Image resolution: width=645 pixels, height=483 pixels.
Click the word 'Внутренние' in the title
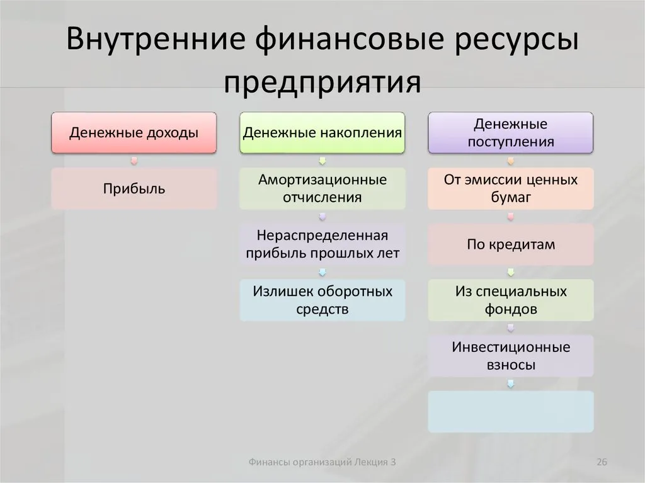click(156, 38)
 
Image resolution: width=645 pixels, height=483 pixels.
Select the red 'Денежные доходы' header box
click(134, 132)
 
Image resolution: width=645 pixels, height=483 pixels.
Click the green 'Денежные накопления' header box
click(322, 132)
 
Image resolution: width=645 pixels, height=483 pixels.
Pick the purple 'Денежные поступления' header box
click(510, 132)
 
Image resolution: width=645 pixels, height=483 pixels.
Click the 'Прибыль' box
click(134, 188)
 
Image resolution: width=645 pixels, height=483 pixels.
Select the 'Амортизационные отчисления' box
click(322, 188)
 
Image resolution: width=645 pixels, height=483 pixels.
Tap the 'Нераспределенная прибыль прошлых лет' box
click(322, 244)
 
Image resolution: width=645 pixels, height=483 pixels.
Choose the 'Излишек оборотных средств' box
click(322, 300)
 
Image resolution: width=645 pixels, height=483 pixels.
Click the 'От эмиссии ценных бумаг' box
click(510, 188)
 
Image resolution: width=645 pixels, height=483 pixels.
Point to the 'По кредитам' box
click(510, 244)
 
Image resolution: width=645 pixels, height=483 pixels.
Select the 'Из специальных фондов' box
click(510, 300)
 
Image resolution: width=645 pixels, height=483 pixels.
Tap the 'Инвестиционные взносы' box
click(510, 356)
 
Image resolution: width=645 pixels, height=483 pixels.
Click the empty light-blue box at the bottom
click(510, 411)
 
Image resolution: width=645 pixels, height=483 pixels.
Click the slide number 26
click(602, 462)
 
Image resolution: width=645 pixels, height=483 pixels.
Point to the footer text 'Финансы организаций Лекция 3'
click(322, 462)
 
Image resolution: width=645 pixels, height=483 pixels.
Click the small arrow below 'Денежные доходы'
click(134, 161)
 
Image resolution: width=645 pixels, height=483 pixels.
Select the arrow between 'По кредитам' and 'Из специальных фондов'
click(511, 272)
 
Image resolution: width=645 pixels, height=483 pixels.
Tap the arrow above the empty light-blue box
click(511, 384)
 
